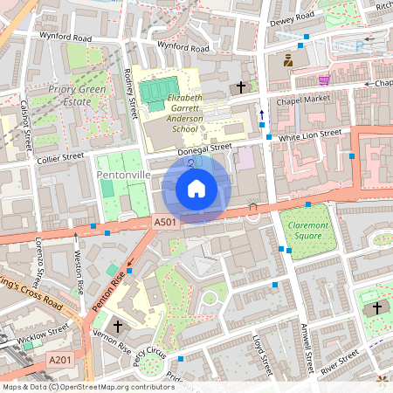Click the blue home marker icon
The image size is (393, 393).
pyautogui.click(x=196, y=188)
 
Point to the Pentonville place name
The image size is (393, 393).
pyautogui.click(x=123, y=176)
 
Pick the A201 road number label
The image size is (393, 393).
pyautogui.click(x=60, y=360)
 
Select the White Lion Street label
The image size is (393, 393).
pyautogui.click(x=309, y=135)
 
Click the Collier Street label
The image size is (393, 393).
pyautogui.click(x=60, y=157)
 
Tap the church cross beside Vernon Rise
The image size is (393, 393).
pyautogui.click(x=118, y=326)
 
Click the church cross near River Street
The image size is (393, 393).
pyautogui.click(x=377, y=308)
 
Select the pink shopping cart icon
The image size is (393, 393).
pyautogui.click(x=324, y=79)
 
